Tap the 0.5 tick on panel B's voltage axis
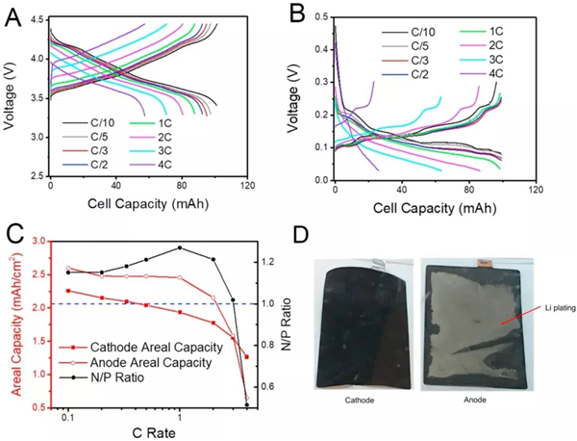click(320, 16)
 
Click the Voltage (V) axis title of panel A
click(13, 96)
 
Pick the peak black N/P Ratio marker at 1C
click(179, 247)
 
